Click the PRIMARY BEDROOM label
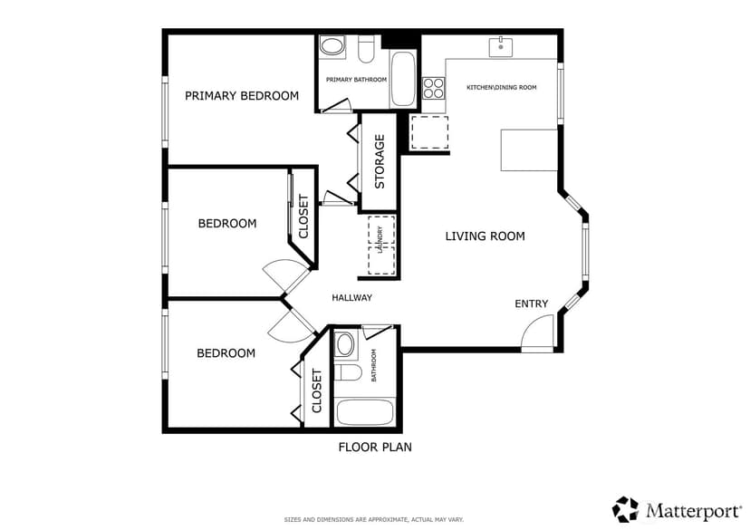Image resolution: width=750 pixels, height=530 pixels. pos(242,96)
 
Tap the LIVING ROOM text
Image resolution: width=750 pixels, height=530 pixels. pos(485,236)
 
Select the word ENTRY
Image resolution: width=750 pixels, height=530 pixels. pos(531,304)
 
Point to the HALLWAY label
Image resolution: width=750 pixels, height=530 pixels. pos(351,297)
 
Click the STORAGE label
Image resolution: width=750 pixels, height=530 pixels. pos(380,161)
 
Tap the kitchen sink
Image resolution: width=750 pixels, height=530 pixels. pos(500,47)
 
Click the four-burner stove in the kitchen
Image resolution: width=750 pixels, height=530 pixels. pos(433,88)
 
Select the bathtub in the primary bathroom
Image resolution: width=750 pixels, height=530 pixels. pos(402,79)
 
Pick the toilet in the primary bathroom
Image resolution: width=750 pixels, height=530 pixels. pos(366,50)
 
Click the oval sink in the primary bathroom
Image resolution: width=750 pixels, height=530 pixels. pos(332,46)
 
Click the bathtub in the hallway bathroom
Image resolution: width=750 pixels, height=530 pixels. pos(365,412)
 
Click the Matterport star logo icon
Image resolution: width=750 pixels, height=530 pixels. pos(625,509)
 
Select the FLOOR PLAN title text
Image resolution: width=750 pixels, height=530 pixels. pos(375,448)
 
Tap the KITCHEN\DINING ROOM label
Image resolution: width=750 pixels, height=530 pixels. pos(501,88)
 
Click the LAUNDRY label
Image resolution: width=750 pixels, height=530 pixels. pos(380,239)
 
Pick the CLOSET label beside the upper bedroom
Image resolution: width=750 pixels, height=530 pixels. pos(303,217)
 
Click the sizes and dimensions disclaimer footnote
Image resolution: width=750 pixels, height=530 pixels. pos(373,519)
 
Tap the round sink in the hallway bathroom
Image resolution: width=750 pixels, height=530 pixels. pos(344,344)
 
